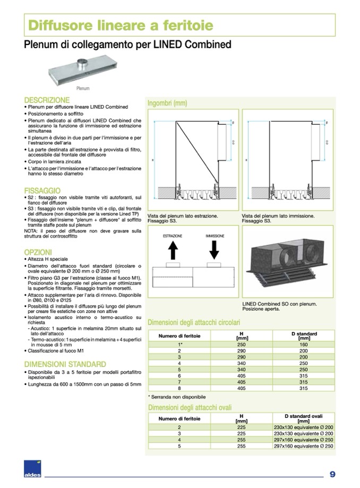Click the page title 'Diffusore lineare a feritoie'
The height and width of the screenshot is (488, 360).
[x=120, y=25]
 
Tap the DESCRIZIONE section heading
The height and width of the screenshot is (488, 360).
[x=47, y=100]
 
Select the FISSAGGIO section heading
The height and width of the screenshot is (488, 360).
[x=42, y=190]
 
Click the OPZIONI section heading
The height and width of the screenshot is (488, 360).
[x=38, y=252]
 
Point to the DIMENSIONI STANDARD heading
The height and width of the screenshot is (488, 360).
[x=65, y=364]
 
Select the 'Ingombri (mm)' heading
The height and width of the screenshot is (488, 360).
[x=167, y=103]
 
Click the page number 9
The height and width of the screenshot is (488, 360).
[x=332, y=474]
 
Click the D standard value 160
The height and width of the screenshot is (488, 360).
[x=304, y=344]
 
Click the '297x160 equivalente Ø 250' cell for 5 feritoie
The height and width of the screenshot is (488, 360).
[x=304, y=447]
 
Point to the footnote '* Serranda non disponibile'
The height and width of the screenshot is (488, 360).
[x=176, y=397]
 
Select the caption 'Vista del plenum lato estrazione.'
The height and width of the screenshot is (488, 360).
[x=182, y=216]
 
